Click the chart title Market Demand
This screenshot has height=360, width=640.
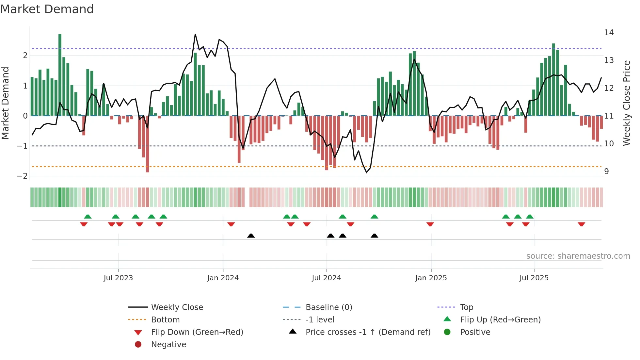coord(47,9)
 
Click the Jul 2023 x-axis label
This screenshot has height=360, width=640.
coord(118,278)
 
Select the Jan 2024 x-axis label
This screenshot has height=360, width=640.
coord(223,278)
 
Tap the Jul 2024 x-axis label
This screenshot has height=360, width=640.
coord(326,278)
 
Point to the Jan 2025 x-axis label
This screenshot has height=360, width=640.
coord(431,278)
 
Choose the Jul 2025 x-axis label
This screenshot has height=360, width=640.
coord(534,278)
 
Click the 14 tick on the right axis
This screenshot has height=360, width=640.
coord(609,33)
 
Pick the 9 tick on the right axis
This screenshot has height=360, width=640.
coord(606,172)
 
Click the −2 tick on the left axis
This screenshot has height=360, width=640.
coord(22,176)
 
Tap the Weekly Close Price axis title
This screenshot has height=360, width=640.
coord(626,103)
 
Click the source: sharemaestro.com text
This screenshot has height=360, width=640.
coord(578,256)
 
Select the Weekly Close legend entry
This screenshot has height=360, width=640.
coord(177,307)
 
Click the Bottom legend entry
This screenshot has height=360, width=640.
coord(165,320)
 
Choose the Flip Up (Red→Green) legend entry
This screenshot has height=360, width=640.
coord(500,320)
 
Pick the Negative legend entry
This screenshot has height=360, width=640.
coord(168,345)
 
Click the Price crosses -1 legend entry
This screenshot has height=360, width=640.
coord(368,332)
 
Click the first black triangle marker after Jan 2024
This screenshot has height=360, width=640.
coord(251,236)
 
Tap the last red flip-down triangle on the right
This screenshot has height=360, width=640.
coord(581,224)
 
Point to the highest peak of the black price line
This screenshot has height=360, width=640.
coord(195,34)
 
